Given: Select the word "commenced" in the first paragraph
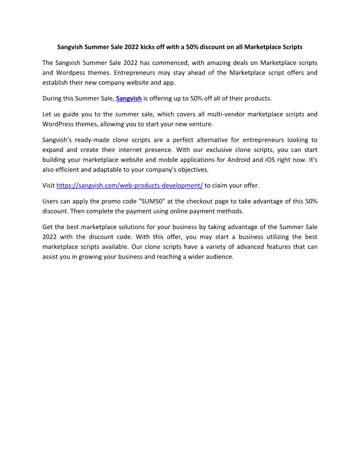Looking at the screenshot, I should (169, 63).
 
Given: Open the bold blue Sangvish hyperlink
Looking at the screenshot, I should (128, 98).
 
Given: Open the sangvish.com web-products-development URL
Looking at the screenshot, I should (129, 185).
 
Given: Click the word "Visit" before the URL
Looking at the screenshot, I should (49, 185).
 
